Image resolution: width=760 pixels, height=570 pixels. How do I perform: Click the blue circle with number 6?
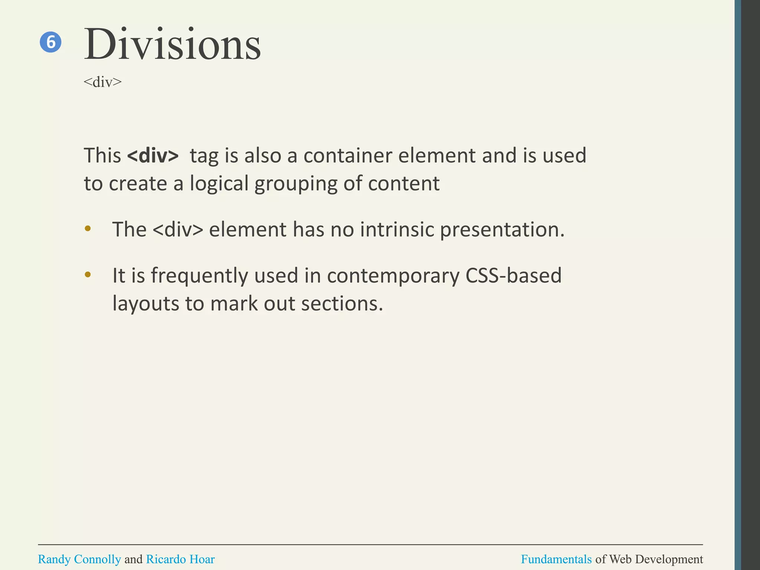click(x=50, y=42)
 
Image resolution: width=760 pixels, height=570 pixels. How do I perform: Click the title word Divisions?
click(x=172, y=45)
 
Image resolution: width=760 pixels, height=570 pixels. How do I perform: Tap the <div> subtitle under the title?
click(x=102, y=82)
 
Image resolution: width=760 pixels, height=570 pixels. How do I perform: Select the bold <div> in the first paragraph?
click(x=153, y=155)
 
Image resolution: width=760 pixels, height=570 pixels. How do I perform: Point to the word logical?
click(x=219, y=184)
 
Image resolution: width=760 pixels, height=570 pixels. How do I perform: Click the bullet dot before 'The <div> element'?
click(x=88, y=229)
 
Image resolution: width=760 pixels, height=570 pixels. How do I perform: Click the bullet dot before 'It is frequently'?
click(x=88, y=275)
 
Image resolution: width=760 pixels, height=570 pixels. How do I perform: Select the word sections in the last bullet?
click(x=341, y=304)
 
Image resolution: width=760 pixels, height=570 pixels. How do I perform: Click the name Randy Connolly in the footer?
click(x=79, y=559)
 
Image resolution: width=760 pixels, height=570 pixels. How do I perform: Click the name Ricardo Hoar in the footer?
click(x=180, y=559)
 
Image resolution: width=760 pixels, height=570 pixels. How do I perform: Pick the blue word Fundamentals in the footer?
click(x=556, y=559)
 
